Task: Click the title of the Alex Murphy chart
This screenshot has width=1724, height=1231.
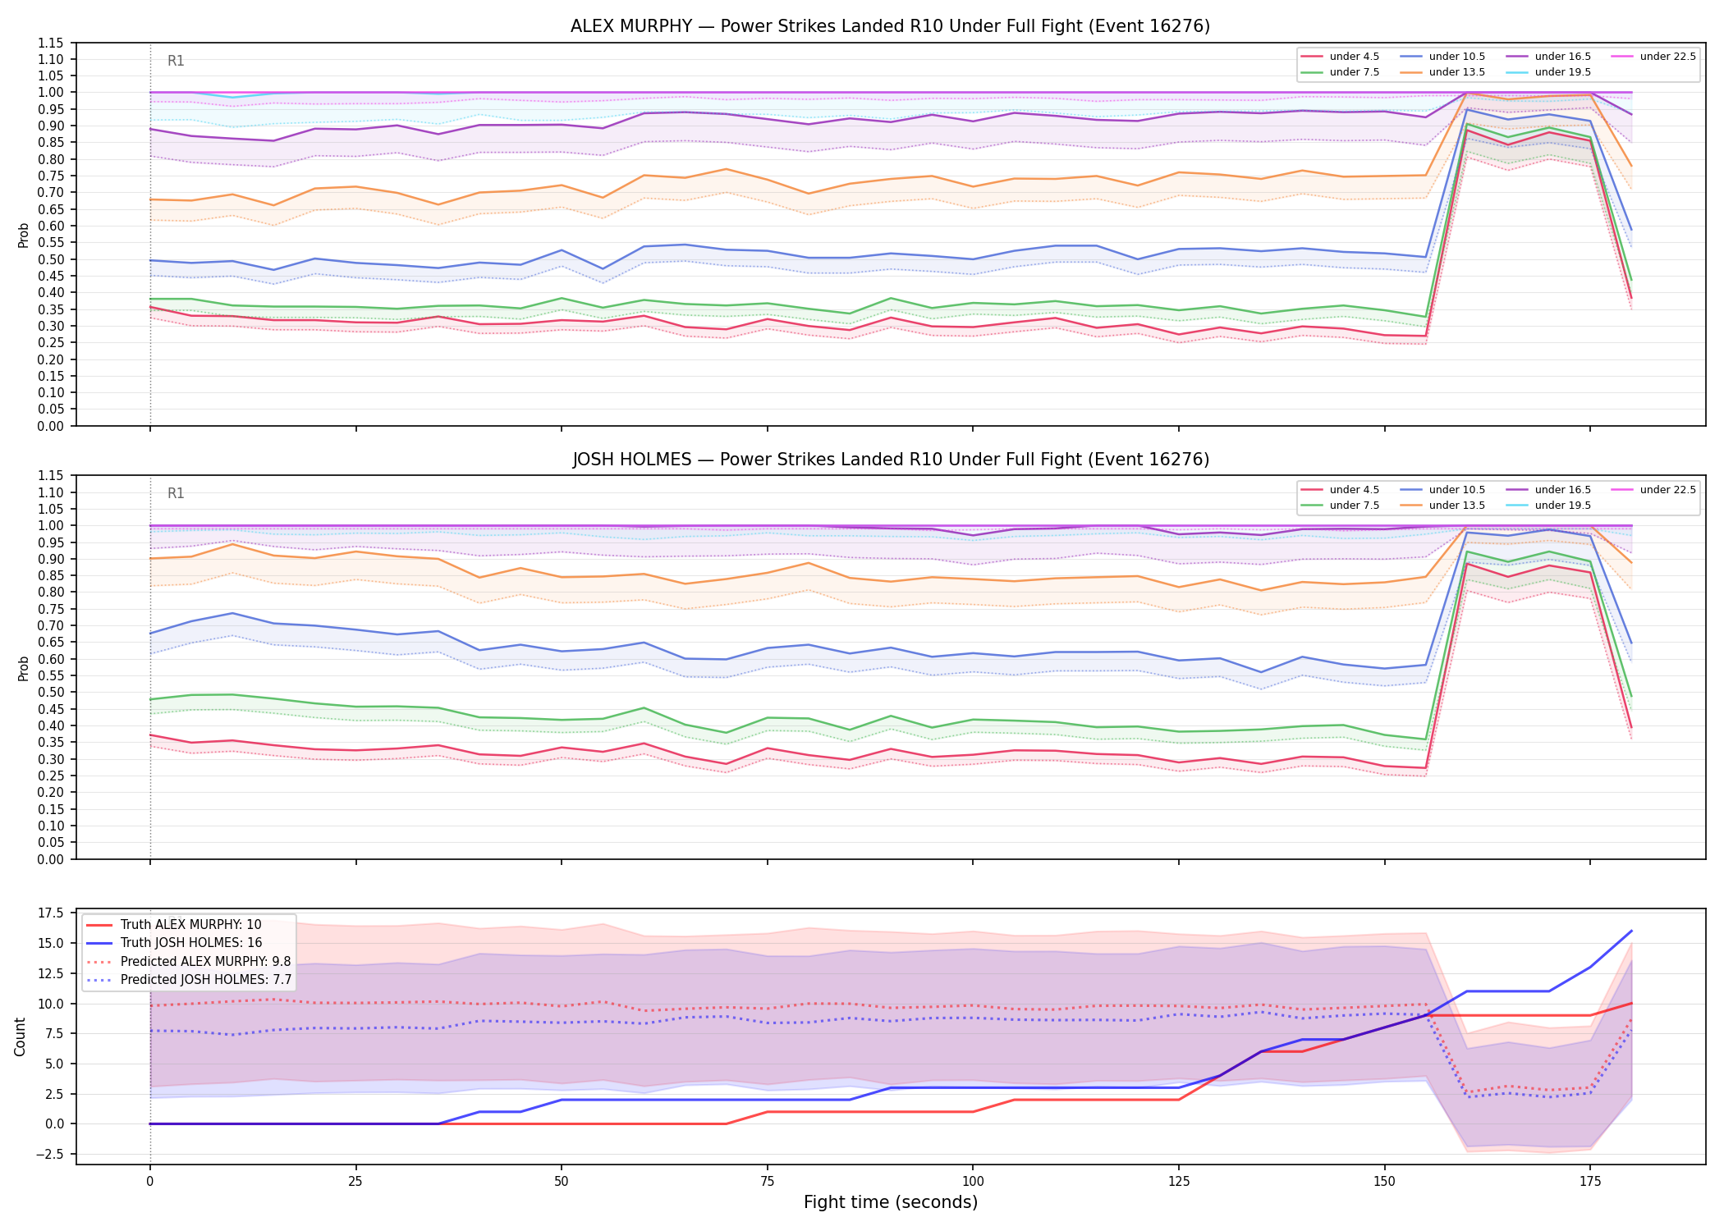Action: pos(890,26)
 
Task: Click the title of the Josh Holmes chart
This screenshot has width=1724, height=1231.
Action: pos(891,460)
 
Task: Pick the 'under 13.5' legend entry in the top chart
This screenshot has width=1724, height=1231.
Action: pos(1442,72)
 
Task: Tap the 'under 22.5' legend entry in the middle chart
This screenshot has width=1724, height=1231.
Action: pos(1653,490)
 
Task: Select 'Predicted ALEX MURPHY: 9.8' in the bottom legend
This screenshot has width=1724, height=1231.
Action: pos(189,961)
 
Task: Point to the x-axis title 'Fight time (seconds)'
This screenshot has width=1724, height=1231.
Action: pos(891,1202)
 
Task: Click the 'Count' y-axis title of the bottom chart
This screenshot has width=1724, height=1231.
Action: pos(21,1037)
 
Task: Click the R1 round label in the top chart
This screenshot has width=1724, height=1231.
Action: pos(176,61)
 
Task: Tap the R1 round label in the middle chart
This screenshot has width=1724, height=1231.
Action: pos(176,493)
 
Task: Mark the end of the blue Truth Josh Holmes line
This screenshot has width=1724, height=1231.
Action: pos(1631,931)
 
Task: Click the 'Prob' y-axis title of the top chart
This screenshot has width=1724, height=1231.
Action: pos(23,235)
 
